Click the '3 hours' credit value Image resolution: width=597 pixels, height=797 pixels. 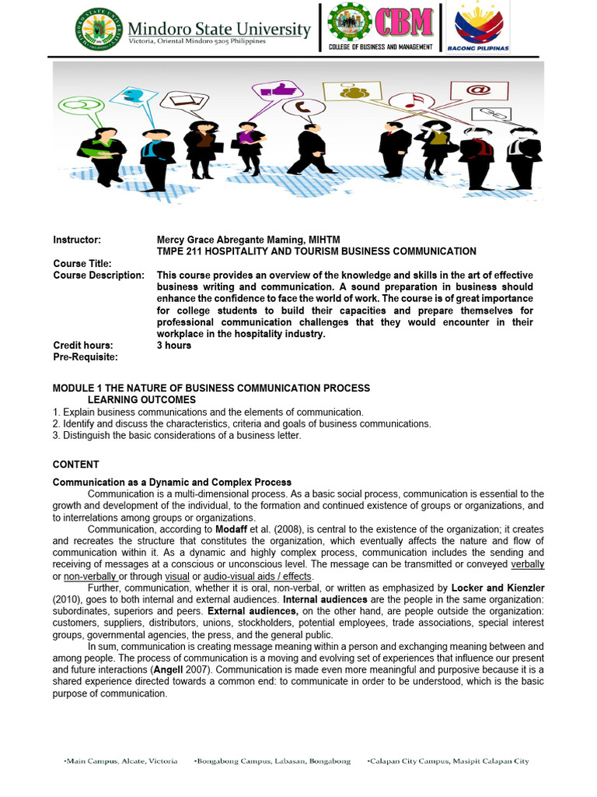[173, 345]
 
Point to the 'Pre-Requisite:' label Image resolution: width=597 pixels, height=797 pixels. [85, 356]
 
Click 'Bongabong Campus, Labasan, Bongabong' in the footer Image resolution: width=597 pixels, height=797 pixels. [272, 760]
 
